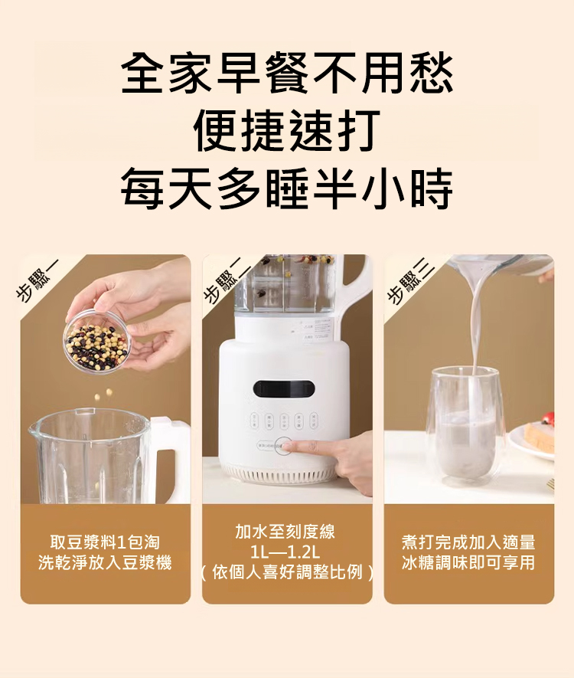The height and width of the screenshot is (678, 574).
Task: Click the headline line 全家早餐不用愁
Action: [x=287, y=73]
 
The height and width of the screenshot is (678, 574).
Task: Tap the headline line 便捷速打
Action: [x=287, y=130]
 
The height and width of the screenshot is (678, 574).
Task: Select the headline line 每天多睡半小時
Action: [x=287, y=188]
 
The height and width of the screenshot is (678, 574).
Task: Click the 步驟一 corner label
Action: [x=39, y=281]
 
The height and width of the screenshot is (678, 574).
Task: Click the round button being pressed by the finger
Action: [x=284, y=446]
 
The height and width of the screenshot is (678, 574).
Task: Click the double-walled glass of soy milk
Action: [x=465, y=427]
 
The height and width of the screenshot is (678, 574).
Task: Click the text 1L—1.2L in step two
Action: [x=285, y=552]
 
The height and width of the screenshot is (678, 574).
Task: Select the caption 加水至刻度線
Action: [x=285, y=532]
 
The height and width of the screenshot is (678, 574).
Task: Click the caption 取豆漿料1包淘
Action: [x=105, y=542]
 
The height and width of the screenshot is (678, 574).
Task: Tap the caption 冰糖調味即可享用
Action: [x=468, y=562]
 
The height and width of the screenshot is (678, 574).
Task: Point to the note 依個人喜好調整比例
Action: [x=287, y=572]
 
